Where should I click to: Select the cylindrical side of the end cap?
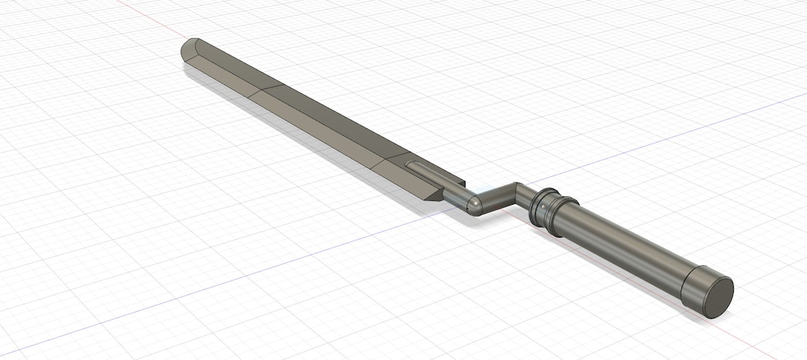(x=695, y=285)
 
